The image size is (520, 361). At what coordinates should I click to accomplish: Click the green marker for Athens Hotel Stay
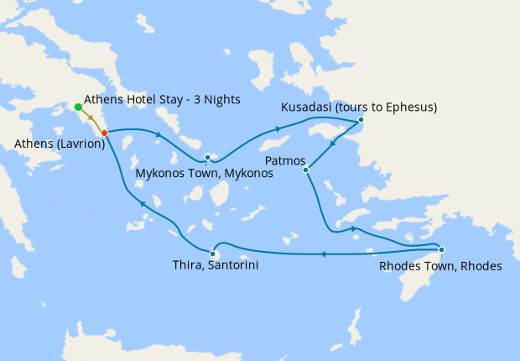point(78,107)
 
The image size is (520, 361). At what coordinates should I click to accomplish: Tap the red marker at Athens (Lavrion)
point(104,133)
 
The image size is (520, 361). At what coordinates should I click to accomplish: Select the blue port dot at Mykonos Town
point(207,157)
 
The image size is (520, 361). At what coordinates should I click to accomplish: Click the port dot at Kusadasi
point(361,120)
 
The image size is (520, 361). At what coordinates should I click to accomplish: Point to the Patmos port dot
point(306,170)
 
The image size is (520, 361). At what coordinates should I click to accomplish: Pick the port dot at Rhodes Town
point(441,249)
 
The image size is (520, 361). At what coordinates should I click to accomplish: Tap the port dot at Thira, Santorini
point(213,254)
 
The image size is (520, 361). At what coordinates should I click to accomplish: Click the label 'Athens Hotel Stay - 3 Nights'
point(163,100)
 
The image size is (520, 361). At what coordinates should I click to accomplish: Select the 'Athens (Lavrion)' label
point(60,144)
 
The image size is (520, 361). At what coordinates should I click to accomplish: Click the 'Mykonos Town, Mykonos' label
point(205,175)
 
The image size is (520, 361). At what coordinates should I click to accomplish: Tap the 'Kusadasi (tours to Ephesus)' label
point(360,107)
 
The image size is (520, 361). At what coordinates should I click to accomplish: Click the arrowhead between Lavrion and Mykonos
point(158,135)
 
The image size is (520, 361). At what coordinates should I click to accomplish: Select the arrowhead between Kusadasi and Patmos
point(334,144)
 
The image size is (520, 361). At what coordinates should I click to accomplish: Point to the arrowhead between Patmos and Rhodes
point(353,228)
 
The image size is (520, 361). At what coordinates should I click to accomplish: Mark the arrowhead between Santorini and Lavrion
point(143,204)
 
